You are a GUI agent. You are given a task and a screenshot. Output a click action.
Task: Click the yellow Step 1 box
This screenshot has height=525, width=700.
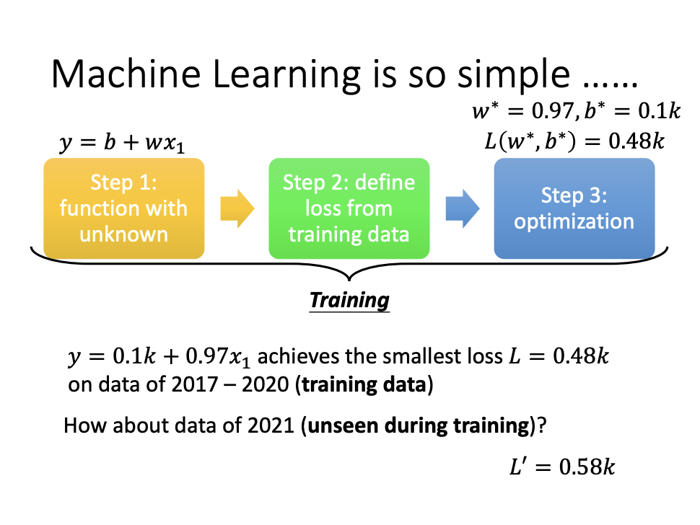point(123,208)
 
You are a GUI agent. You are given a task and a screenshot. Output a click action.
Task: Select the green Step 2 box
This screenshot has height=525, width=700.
point(349,208)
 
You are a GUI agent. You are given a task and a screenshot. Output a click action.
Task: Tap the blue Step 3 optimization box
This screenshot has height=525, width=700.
point(574,208)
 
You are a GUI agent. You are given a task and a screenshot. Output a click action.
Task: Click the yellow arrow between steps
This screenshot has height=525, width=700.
point(237,208)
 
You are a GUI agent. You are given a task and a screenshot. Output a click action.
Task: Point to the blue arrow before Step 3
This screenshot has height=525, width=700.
point(463,208)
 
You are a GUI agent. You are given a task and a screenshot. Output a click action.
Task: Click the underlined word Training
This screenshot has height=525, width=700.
point(349,300)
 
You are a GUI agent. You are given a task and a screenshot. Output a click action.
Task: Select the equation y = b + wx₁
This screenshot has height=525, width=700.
point(122,143)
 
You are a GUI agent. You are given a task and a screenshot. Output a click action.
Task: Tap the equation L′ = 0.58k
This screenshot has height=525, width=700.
point(562,467)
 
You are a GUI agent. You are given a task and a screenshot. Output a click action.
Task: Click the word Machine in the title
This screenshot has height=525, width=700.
point(126,74)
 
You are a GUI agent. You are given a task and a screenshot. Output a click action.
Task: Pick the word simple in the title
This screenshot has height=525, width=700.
point(514,75)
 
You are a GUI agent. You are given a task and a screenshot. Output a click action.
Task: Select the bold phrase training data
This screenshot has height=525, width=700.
point(364,384)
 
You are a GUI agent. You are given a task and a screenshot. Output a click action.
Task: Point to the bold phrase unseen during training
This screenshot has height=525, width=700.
point(419,425)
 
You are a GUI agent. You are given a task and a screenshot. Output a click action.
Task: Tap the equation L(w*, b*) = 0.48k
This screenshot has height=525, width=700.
point(574,141)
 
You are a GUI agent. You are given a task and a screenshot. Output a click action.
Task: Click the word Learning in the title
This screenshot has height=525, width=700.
point(286,75)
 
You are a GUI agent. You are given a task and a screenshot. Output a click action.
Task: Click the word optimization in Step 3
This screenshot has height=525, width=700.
point(574,221)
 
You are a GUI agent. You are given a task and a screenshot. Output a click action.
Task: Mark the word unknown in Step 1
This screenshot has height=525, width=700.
point(123,234)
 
